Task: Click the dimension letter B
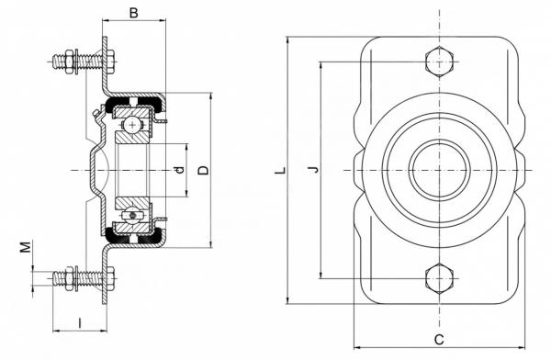coord(134,13)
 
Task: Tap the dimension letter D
coord(204,170)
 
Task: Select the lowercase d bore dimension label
coord(180,170)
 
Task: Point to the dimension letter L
coord(280,171)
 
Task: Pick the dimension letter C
coord(439,340)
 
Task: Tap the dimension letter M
coord(26,247)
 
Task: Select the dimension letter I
coord(80,322)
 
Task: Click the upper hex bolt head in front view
coord(439,62)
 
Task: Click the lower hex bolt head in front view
coord(439,278)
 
